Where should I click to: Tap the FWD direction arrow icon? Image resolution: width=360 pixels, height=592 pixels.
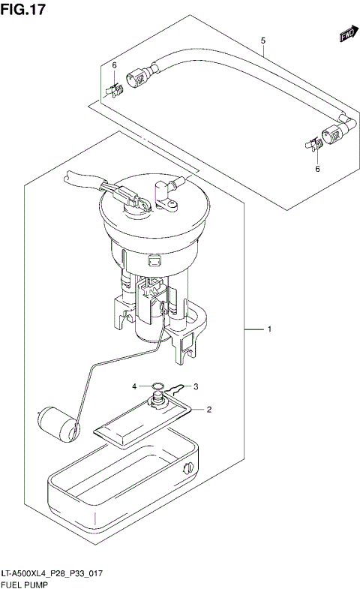[x=346, y=35]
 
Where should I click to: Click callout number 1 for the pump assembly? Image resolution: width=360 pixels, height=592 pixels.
[x=269, y=329]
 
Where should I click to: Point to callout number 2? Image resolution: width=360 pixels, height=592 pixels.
[x=209, y=410]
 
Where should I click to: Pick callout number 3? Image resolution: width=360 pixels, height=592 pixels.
[x=195, y=386]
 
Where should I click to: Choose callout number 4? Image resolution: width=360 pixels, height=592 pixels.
[x=135, y=386]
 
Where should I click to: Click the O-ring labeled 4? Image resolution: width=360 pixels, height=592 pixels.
[x=157, y=388]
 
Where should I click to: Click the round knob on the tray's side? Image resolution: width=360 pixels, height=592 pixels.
[x=187, y=469]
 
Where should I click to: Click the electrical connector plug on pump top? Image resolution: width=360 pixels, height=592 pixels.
[x=133, y=200]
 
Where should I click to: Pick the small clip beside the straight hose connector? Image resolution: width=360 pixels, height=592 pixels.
[x=114, y=90]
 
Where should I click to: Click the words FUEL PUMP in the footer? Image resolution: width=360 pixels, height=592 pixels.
[x=26, y=584]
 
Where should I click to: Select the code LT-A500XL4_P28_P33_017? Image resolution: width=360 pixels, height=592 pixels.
[x=52, y=574]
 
